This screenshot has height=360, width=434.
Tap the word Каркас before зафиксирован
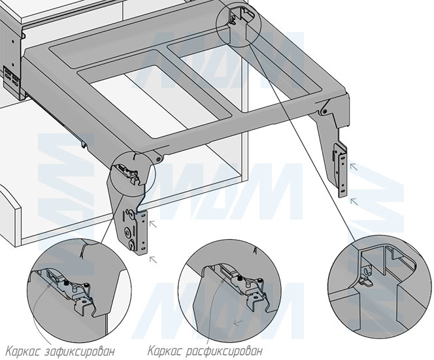pyautogui.click(x=25, y=349)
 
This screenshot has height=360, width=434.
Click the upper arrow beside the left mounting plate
pyautogui.click(x=154, y=223)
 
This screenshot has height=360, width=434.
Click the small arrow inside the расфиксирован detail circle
pyautogui.click(x=237, y=323)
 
